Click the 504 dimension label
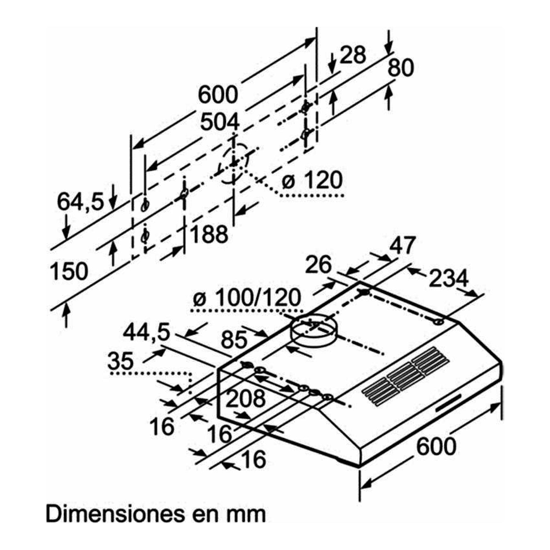point(220,123)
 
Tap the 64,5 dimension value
point(80,202)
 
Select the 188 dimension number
point(209,234)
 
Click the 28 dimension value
point(352,55)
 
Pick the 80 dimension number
point(400,68)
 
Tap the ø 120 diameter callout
point(312,180)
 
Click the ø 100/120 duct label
point(246,298)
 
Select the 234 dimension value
point(449,278)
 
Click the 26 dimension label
point(319,265)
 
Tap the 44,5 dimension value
point(146,332)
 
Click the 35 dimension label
point(120,361)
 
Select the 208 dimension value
point(245,398)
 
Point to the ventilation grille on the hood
point(406,376)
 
